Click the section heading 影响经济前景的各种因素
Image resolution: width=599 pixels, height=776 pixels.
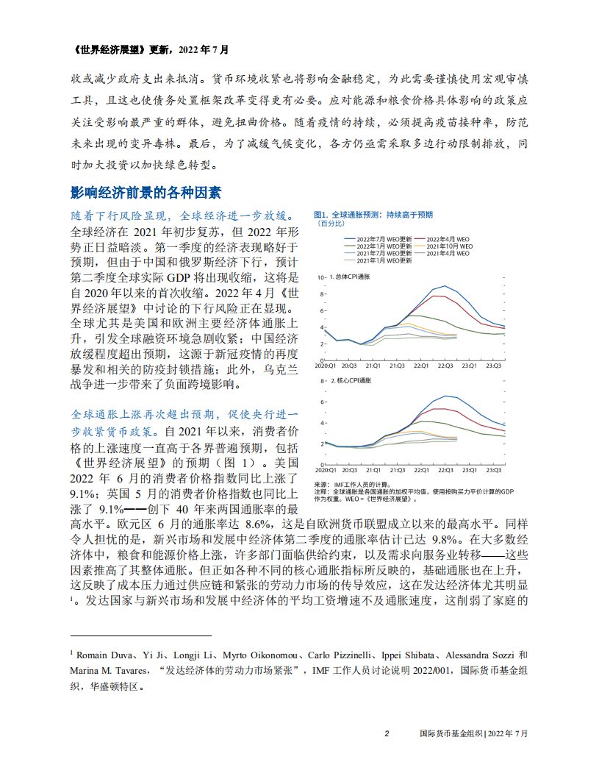(x=145, y=193)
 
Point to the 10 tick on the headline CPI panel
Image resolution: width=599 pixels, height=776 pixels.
(x=320, y=278)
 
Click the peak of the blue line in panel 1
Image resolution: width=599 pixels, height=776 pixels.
(x=444, y=285)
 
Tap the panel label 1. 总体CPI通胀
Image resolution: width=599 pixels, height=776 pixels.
(x=351, y=278)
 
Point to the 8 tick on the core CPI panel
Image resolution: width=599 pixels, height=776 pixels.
(x=322, y=381)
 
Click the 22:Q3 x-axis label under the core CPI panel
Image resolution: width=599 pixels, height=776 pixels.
(x=445, y=469)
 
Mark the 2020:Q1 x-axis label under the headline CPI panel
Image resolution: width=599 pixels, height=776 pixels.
(x=326, y=366)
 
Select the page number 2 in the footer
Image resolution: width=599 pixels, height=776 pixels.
(x=387, y=733)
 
